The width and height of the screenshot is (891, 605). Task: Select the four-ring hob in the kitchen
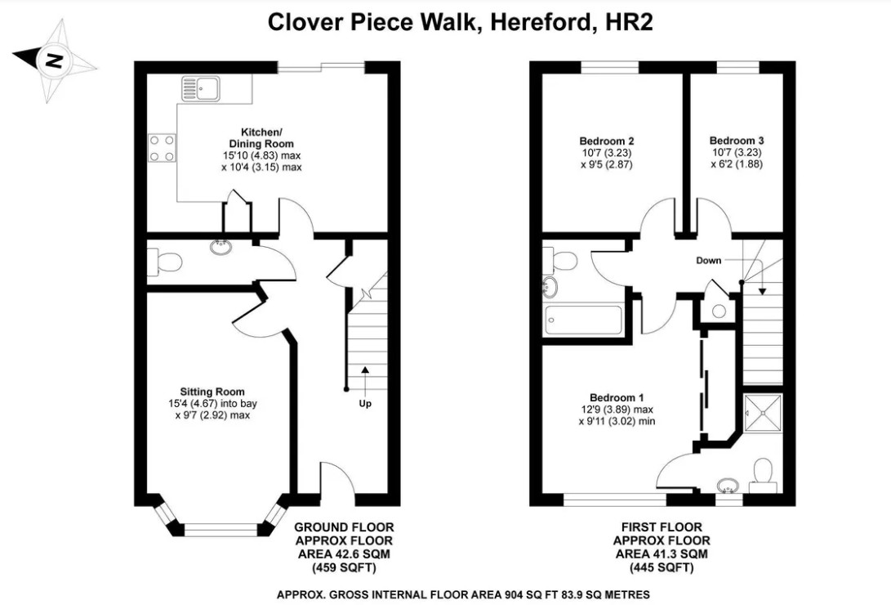coord(162,147)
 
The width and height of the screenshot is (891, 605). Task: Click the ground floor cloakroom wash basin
coord(221,246)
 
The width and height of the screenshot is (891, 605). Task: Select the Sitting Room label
coord(212,392)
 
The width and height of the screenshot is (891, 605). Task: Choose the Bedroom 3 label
coord(736,140)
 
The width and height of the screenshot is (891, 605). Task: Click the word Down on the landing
coord(708,261)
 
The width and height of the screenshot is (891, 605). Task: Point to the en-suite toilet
coord(763,473)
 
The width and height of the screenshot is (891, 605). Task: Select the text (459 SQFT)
coord(344,567)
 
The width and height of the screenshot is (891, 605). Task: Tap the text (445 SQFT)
coord(662,567)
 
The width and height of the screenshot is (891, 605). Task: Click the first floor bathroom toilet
coord(563,260)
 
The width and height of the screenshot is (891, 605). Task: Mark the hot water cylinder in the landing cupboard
coord(718,311)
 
